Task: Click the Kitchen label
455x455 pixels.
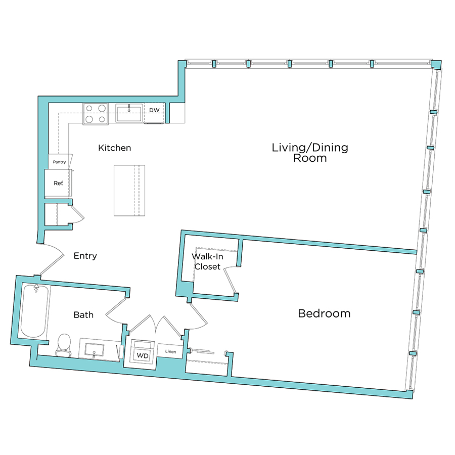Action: click(114, 148)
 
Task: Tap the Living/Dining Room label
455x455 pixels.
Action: click(310, 152)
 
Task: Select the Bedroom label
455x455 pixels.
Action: click(324, 313)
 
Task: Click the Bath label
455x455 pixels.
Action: click(83, 314)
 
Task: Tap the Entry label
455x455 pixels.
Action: click(85, 256)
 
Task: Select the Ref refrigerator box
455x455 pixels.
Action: click(59, 183)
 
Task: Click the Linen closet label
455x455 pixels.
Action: click(170, 351)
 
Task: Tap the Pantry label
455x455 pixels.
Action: click(60, 162)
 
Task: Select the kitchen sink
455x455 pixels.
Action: click(129, 113)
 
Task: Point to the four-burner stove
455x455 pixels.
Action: click(97, 113)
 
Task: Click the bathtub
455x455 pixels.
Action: click(35, 312)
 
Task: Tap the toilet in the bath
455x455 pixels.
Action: click(64, 344)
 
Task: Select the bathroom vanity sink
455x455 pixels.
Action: click(94, 349)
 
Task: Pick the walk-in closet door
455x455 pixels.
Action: click(230, 281)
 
